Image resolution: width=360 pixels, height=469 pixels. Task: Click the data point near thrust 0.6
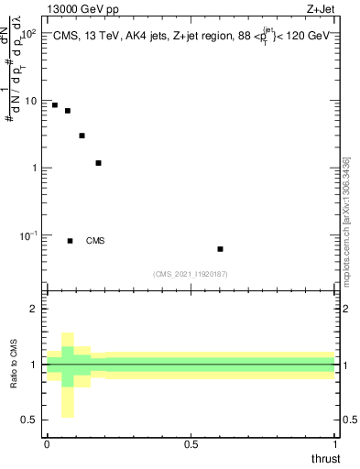220,249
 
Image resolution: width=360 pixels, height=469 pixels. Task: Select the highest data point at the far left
55,105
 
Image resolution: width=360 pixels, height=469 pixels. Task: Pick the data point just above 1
98,163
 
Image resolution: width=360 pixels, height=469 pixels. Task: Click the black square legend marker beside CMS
70,241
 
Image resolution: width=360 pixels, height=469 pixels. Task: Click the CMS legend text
95,241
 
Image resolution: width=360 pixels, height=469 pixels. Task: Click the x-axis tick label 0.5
191,444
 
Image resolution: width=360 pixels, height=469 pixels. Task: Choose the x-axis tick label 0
47,444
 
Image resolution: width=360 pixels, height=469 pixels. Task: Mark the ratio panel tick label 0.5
29,420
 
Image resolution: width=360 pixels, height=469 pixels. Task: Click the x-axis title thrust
324,458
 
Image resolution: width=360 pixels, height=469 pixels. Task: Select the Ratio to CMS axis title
14,364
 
